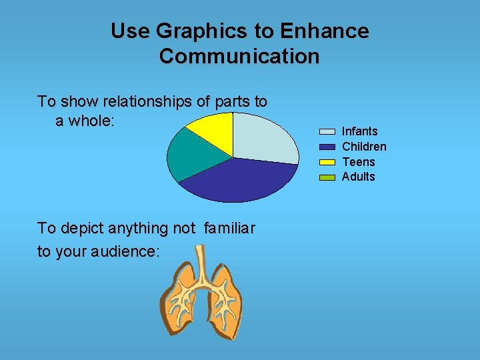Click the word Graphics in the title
tap(193, 31)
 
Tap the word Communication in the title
tap(239, 56)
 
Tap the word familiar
tap(229, 229)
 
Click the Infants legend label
tap(359, 131)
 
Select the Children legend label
tap(364, 147)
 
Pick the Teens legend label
tap(358, 162)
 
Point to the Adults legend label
tap(358, 177)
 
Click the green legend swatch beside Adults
tap(327, 177)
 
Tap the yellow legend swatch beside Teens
tap(327, 162)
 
